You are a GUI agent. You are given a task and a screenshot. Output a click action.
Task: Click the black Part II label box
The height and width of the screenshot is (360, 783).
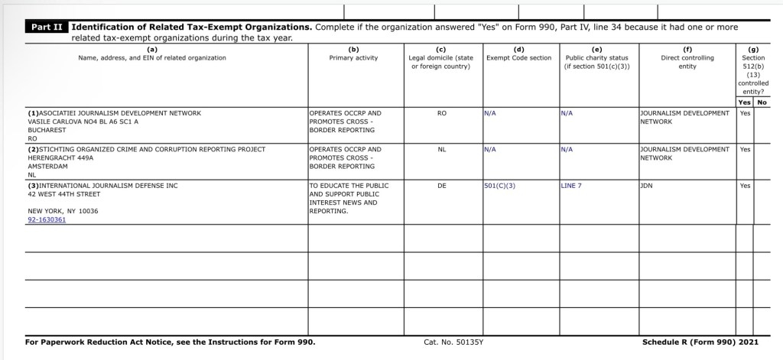47,27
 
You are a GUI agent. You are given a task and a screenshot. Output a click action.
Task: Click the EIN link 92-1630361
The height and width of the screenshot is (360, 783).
47,219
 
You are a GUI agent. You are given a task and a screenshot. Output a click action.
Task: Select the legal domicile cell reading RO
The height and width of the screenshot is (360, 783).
441,113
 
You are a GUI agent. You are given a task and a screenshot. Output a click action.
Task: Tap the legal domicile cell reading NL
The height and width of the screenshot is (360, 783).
441,149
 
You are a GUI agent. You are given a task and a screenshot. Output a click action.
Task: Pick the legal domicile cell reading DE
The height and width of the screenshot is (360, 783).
441,185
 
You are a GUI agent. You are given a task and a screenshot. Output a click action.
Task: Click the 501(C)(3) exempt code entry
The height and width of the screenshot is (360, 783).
499,185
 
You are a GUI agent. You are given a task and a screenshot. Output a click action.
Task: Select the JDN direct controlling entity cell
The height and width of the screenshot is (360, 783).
647,185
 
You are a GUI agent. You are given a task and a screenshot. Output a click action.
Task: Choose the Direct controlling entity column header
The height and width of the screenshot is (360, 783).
687,58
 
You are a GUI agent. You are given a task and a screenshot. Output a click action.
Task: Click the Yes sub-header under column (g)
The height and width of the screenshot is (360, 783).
744,102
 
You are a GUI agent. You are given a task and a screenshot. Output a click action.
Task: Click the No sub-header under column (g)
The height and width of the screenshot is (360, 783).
762,102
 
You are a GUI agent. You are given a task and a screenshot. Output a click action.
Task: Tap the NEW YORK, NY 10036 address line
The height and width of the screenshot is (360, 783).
63,210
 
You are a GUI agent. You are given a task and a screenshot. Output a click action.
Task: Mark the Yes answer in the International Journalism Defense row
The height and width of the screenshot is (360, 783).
745,185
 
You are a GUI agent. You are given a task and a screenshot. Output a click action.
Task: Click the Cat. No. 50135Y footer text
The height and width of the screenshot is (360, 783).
453,342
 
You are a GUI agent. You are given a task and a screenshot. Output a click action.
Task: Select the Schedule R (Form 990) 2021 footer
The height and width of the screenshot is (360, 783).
700,342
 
